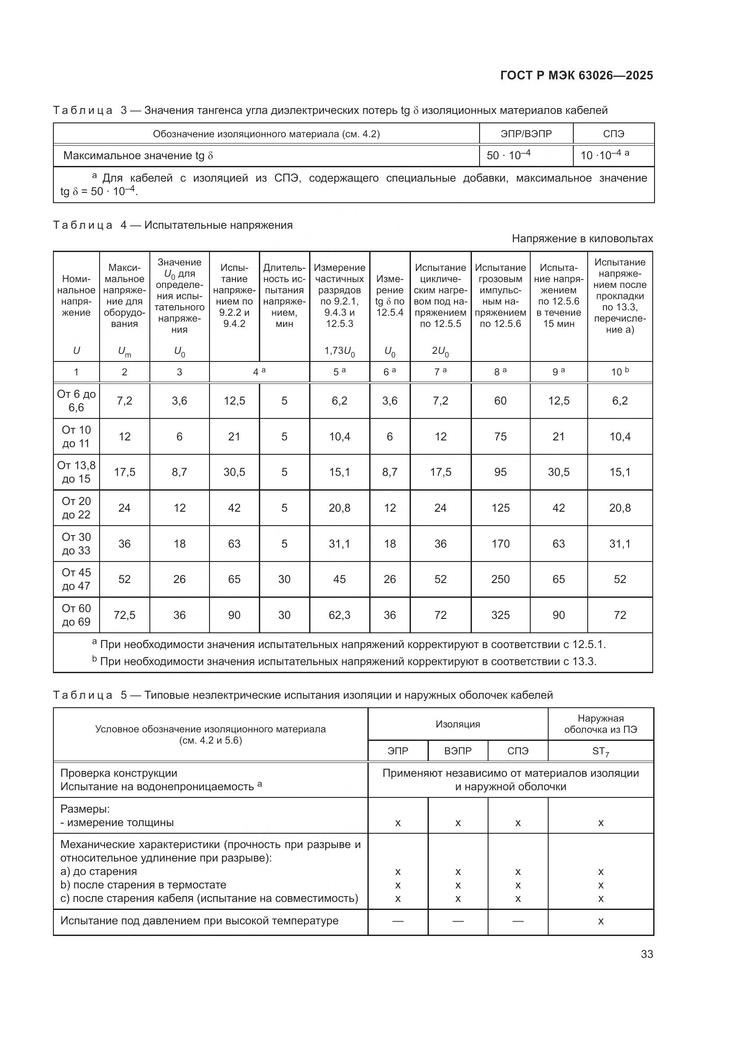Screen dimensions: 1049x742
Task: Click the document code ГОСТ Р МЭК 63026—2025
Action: (x=576, y=75)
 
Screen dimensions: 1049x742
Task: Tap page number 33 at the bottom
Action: (x=646, y=954)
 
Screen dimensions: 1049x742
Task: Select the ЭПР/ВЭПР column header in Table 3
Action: (x=526, y=134)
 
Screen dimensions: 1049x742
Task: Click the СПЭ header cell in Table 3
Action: (x=613, y=134)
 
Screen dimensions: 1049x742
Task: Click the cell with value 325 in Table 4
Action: (x=500, y=615)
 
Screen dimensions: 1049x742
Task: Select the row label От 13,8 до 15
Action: (x=76, y=472)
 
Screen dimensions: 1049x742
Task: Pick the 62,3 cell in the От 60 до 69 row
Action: (x=340, y=615)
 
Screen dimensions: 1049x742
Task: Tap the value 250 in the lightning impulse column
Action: (x=500, y=579)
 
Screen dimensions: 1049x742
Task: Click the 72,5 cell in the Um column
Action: (x=124, y=615)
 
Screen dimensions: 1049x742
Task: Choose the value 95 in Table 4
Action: (x=500, y=472)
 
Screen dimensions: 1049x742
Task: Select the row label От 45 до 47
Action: (x=76, y=579)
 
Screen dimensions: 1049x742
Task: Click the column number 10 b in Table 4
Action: (x=620, y=372)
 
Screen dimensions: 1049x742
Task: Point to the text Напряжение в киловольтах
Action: (x=582, y=239)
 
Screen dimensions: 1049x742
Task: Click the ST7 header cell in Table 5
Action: (x=600, y=751)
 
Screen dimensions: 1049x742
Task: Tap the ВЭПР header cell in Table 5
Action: (x=458, y=751)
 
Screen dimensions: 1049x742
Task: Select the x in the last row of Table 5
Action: (x=600, y=921)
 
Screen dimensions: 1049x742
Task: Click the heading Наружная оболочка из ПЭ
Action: (x=600, y=724)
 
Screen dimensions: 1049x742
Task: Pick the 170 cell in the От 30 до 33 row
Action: (x=500, y=544)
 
